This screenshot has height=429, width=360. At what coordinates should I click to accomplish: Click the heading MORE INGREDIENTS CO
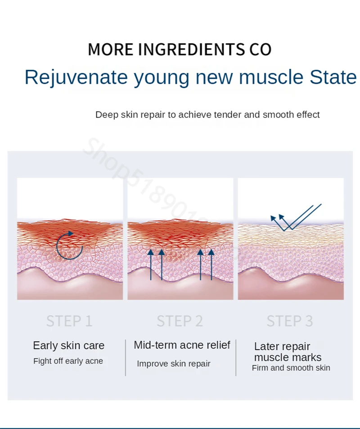180,49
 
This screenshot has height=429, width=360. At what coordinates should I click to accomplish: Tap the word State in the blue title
333,77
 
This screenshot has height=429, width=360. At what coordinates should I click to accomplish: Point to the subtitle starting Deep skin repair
207,115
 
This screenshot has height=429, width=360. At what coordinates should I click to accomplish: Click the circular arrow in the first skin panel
69,246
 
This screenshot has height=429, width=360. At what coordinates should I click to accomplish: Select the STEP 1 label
69,321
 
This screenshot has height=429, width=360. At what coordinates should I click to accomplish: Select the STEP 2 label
180,321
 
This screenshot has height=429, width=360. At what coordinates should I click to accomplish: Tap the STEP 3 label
289,321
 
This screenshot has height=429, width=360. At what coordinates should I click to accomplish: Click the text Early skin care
68,346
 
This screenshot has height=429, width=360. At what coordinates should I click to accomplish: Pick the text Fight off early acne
68,361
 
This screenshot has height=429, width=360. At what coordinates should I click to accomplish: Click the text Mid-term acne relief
182,345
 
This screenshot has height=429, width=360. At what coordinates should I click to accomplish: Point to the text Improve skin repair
174,364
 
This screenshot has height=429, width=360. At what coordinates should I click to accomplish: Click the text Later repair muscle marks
288,352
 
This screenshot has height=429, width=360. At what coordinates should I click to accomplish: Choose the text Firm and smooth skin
291,368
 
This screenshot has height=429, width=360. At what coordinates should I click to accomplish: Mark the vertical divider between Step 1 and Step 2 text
125,357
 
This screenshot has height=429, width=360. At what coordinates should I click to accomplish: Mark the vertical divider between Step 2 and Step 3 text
236,357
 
